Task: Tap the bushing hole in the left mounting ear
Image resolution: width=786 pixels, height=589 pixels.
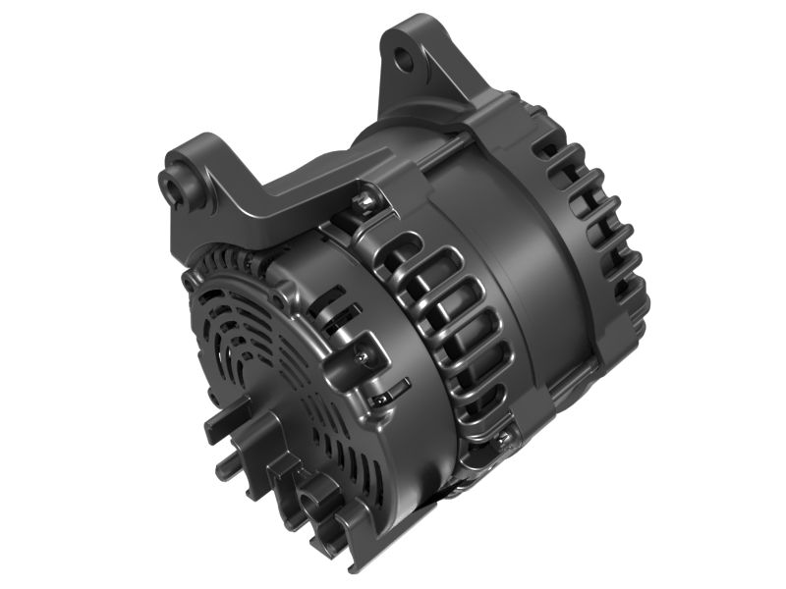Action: click(x=177, y=181)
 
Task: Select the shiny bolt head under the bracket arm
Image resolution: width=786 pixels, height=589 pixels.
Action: click(x=365, y=203)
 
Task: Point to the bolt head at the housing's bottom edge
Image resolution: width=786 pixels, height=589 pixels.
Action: click(x=504, y=438)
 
